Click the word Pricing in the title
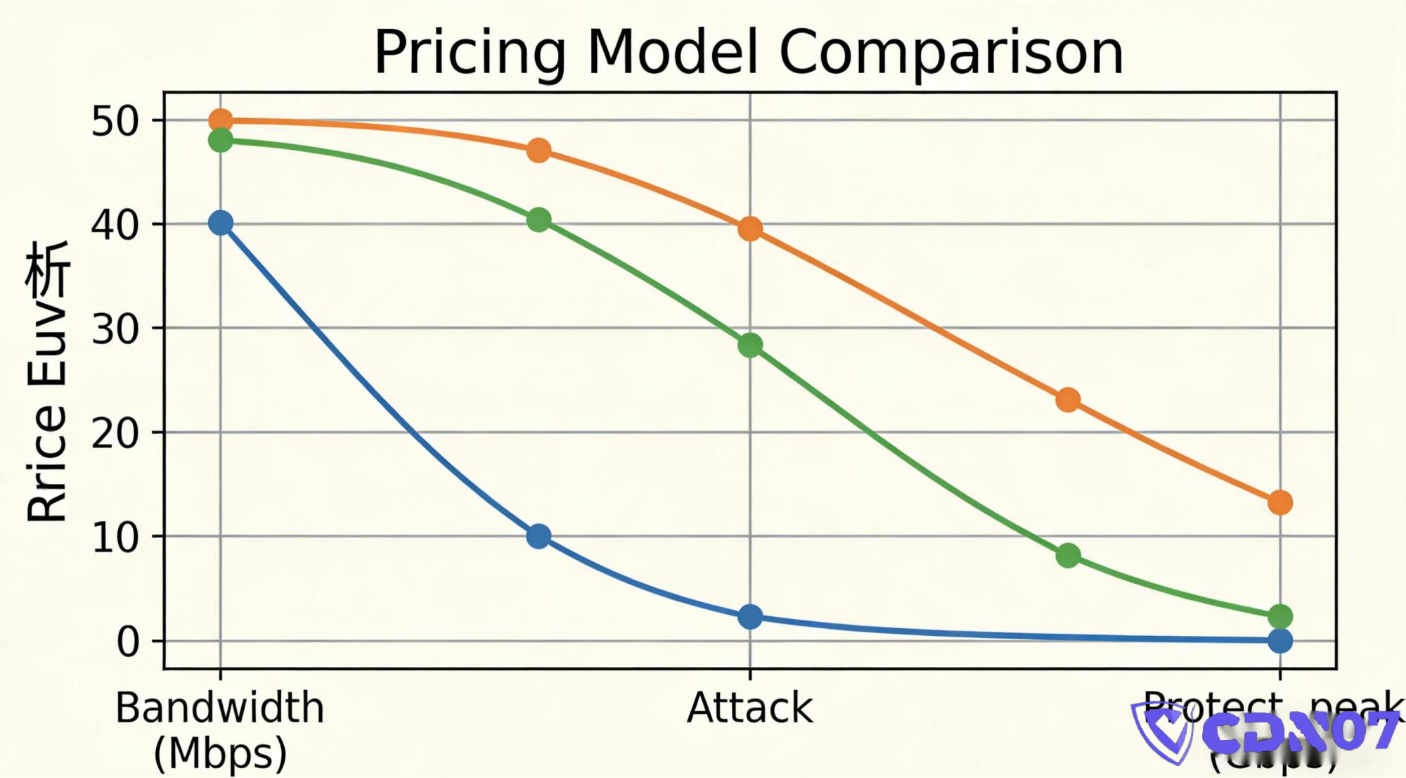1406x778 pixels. click(470, 53)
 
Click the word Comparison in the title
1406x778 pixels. click(951, 53)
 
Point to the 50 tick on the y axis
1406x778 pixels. click(115, 121)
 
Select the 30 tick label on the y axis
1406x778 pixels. click(115, 329)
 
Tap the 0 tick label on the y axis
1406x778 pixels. click(128, 642)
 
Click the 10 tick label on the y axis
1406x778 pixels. click(115, 537)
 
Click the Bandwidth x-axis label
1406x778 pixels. click(220, 708)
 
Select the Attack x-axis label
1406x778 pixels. click(749, 708)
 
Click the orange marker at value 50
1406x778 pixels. click(221, 121)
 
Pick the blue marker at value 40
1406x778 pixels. click(221, 223)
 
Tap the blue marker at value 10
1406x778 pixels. click(538, 536)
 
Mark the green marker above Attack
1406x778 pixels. click(750, 345)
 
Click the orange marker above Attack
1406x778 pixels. click(750, 229)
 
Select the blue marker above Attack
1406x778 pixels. click(750, 617)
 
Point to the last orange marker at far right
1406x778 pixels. click(1280, 502)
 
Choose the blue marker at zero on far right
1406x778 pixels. click(1280, 641)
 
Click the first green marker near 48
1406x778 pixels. click(221, 140)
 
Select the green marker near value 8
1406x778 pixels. click(1068, 556)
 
